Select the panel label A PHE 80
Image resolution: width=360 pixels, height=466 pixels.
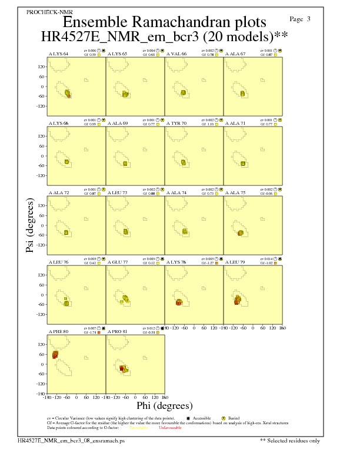[58, 332]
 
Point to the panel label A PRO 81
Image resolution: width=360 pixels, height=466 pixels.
[117, 332]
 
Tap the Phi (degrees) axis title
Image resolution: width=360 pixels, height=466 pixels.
[164, 405]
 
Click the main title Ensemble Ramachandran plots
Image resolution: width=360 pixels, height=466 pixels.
[164, 22]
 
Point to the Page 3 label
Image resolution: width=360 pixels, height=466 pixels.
[301, 19]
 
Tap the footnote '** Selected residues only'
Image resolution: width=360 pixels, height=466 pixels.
[290, 440]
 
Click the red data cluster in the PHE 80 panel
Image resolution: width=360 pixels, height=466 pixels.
[55, 355]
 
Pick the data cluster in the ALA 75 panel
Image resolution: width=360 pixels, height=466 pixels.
[240, 233]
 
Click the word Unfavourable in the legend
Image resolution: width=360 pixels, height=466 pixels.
[170, 428]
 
